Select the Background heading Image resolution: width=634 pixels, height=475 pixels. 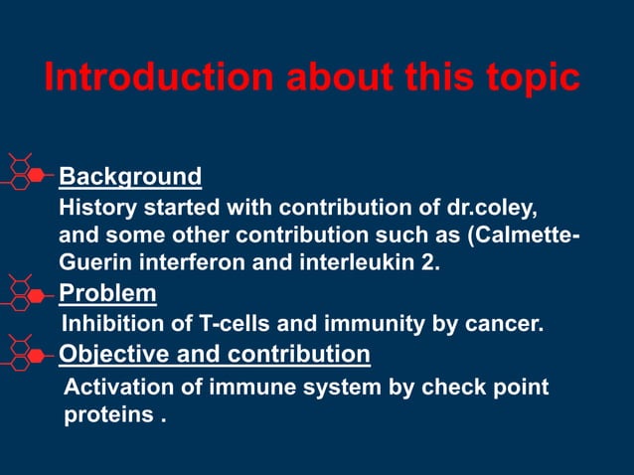click(x=130, y=177)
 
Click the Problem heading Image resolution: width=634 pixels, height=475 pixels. click(x=107, y=293)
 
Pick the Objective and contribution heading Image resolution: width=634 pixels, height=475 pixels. click(x=215, y=354)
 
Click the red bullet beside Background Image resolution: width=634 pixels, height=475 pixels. click(x=36, y=176)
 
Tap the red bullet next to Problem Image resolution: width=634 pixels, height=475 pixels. click(x=36, y=293)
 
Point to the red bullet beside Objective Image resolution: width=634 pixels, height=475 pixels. click(x=36, y=354)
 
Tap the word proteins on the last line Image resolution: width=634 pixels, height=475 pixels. click(x=107, y=414)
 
